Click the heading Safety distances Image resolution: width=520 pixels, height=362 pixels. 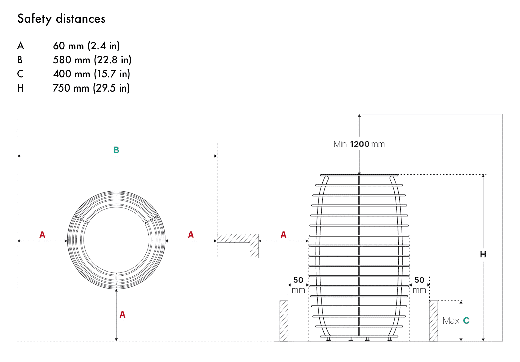coord(61,19)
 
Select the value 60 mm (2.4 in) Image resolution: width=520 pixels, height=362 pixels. coord(86,46)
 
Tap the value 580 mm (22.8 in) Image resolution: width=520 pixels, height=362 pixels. coord(92,60)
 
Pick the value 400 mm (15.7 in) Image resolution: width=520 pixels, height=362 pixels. coord(91,74)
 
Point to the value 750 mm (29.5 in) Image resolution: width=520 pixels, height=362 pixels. coord(91,88)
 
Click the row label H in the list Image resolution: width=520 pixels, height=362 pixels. coord(20,88)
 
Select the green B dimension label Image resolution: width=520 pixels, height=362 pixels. coord(116,150)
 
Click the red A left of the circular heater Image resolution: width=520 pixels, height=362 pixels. coord(42,235)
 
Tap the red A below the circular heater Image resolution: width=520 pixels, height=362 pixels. coord(122,314)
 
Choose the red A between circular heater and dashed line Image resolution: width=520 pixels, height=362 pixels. coord(191,235)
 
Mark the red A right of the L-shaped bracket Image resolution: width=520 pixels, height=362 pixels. coord(283,235)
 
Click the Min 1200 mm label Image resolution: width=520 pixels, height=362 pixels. coord(359,144)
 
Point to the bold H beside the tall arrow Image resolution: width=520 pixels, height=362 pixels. coord(483,254)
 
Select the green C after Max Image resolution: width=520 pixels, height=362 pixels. coord(466,321)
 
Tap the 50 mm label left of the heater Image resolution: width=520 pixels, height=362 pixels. coord(298,285)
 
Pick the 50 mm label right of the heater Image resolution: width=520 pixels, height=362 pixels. coord(419,285)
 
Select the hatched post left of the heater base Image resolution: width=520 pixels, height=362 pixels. coord(284,321)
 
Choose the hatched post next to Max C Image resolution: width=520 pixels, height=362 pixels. coord(433,321)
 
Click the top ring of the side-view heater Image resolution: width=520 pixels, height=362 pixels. coord(359,175)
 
